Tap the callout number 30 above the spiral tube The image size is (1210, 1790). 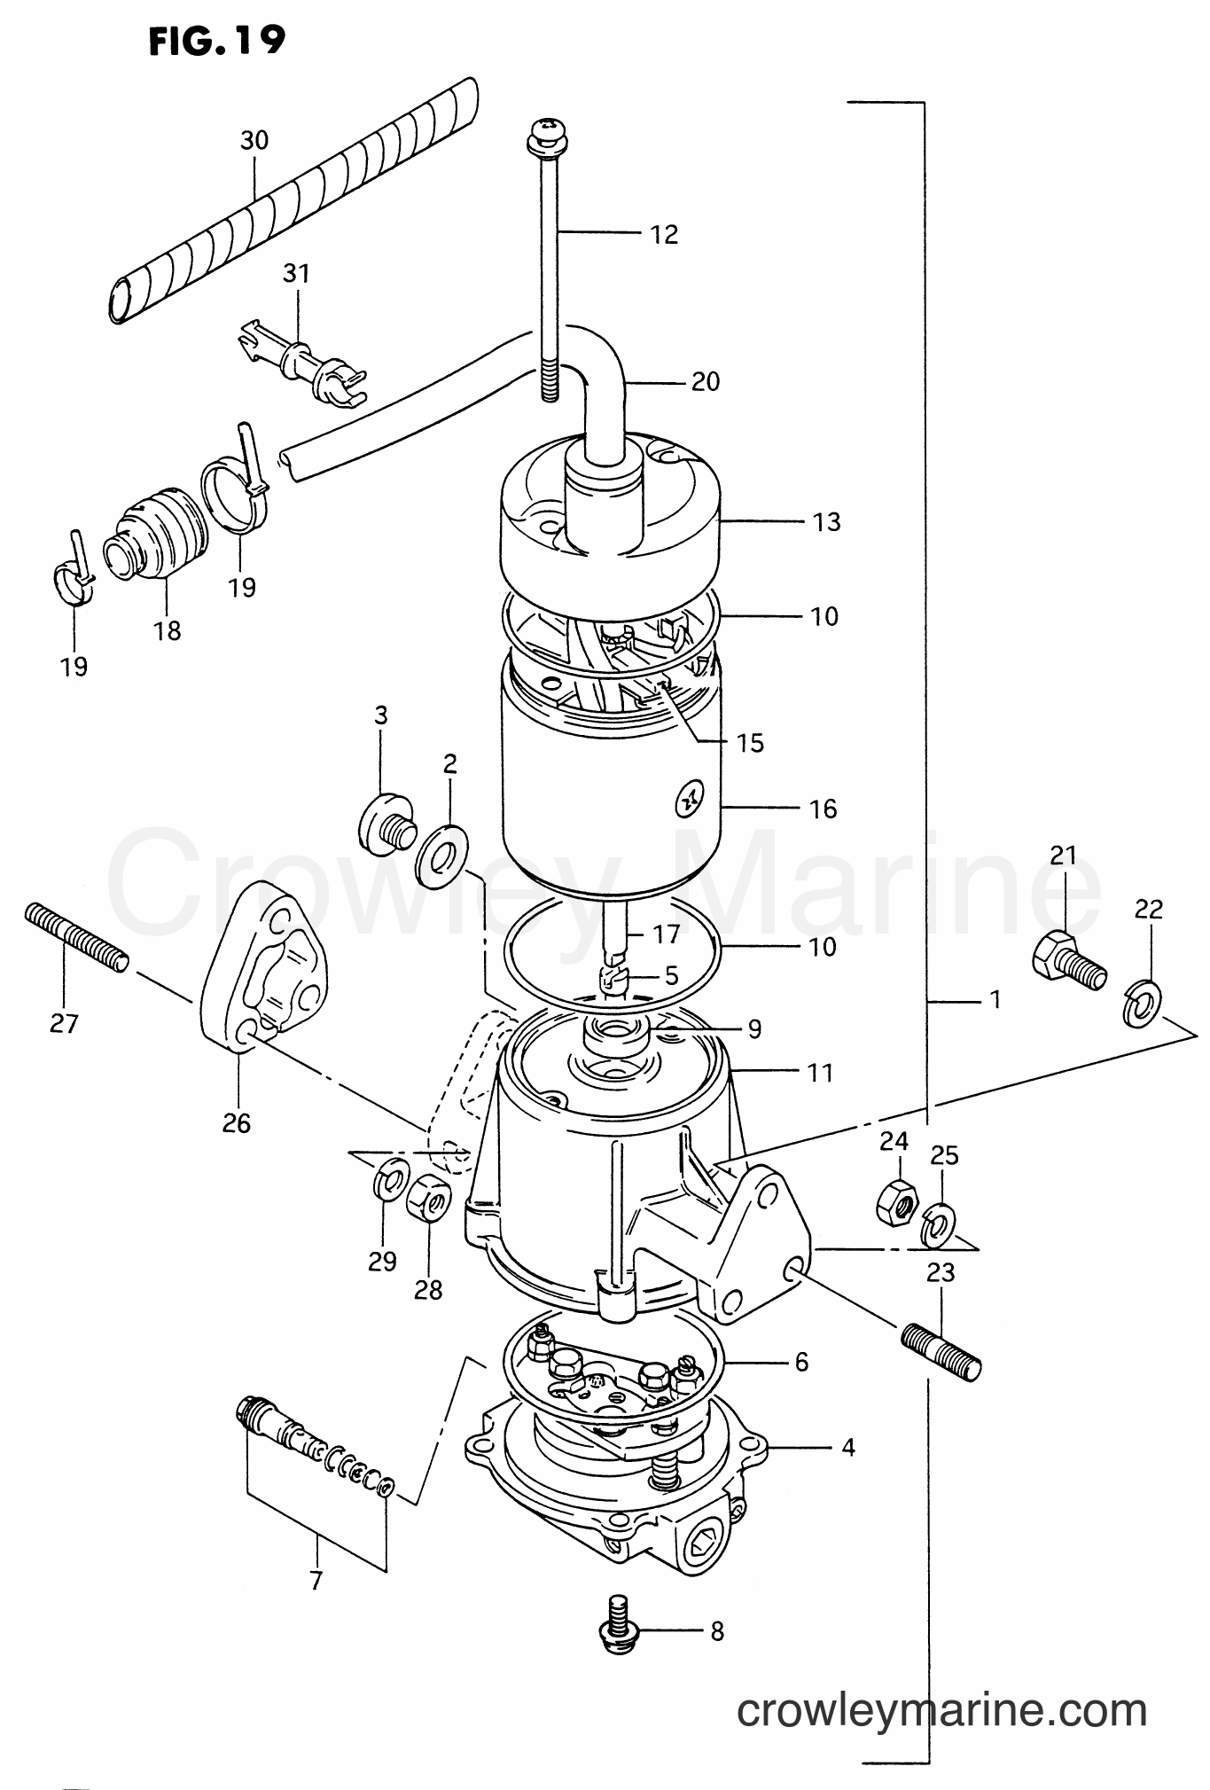254,140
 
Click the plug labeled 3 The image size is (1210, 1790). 385,825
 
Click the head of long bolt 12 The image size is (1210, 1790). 542,134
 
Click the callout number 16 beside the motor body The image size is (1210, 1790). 822,809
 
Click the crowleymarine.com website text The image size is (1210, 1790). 941,1708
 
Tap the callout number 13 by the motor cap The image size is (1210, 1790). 825,521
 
